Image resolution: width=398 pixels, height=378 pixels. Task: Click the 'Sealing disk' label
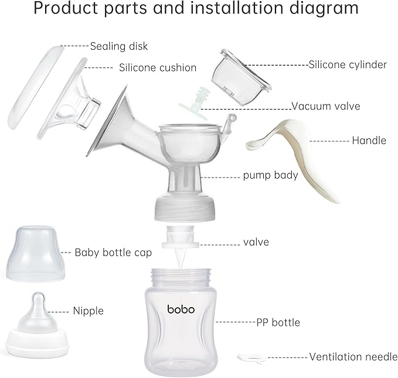(118, 46)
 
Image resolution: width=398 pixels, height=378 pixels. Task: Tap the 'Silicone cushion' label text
(157, 67)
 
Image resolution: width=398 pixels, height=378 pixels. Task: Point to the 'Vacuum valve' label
(326, 106)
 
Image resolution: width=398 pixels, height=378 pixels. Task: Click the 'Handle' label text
(369, 141)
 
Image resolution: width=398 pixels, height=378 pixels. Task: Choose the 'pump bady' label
(271, 175)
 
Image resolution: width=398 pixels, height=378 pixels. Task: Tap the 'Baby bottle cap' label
(113, 253)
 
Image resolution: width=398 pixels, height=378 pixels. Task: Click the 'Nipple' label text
(88, 311)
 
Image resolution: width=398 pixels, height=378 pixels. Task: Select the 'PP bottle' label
(278, 322)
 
